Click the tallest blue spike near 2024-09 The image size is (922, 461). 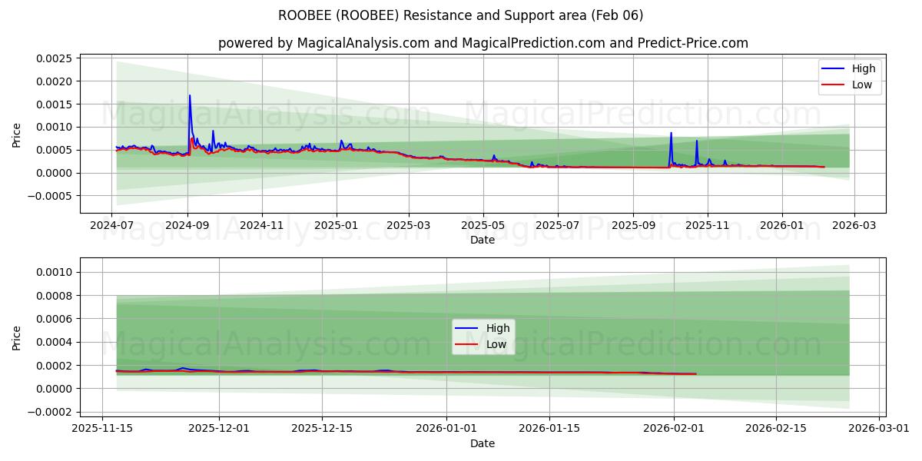tap(190, 95)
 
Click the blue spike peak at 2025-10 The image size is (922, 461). tap(671, 133)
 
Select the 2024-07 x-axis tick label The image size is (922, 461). tap(113, 226)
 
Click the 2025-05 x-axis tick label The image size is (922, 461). tap(483, 226)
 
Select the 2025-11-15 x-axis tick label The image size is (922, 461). tap(103, 429)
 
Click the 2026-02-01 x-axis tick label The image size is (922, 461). tap(674, 429)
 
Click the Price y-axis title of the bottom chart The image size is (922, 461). tap(17, 337)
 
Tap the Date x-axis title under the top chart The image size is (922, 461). tap(483, 240)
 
